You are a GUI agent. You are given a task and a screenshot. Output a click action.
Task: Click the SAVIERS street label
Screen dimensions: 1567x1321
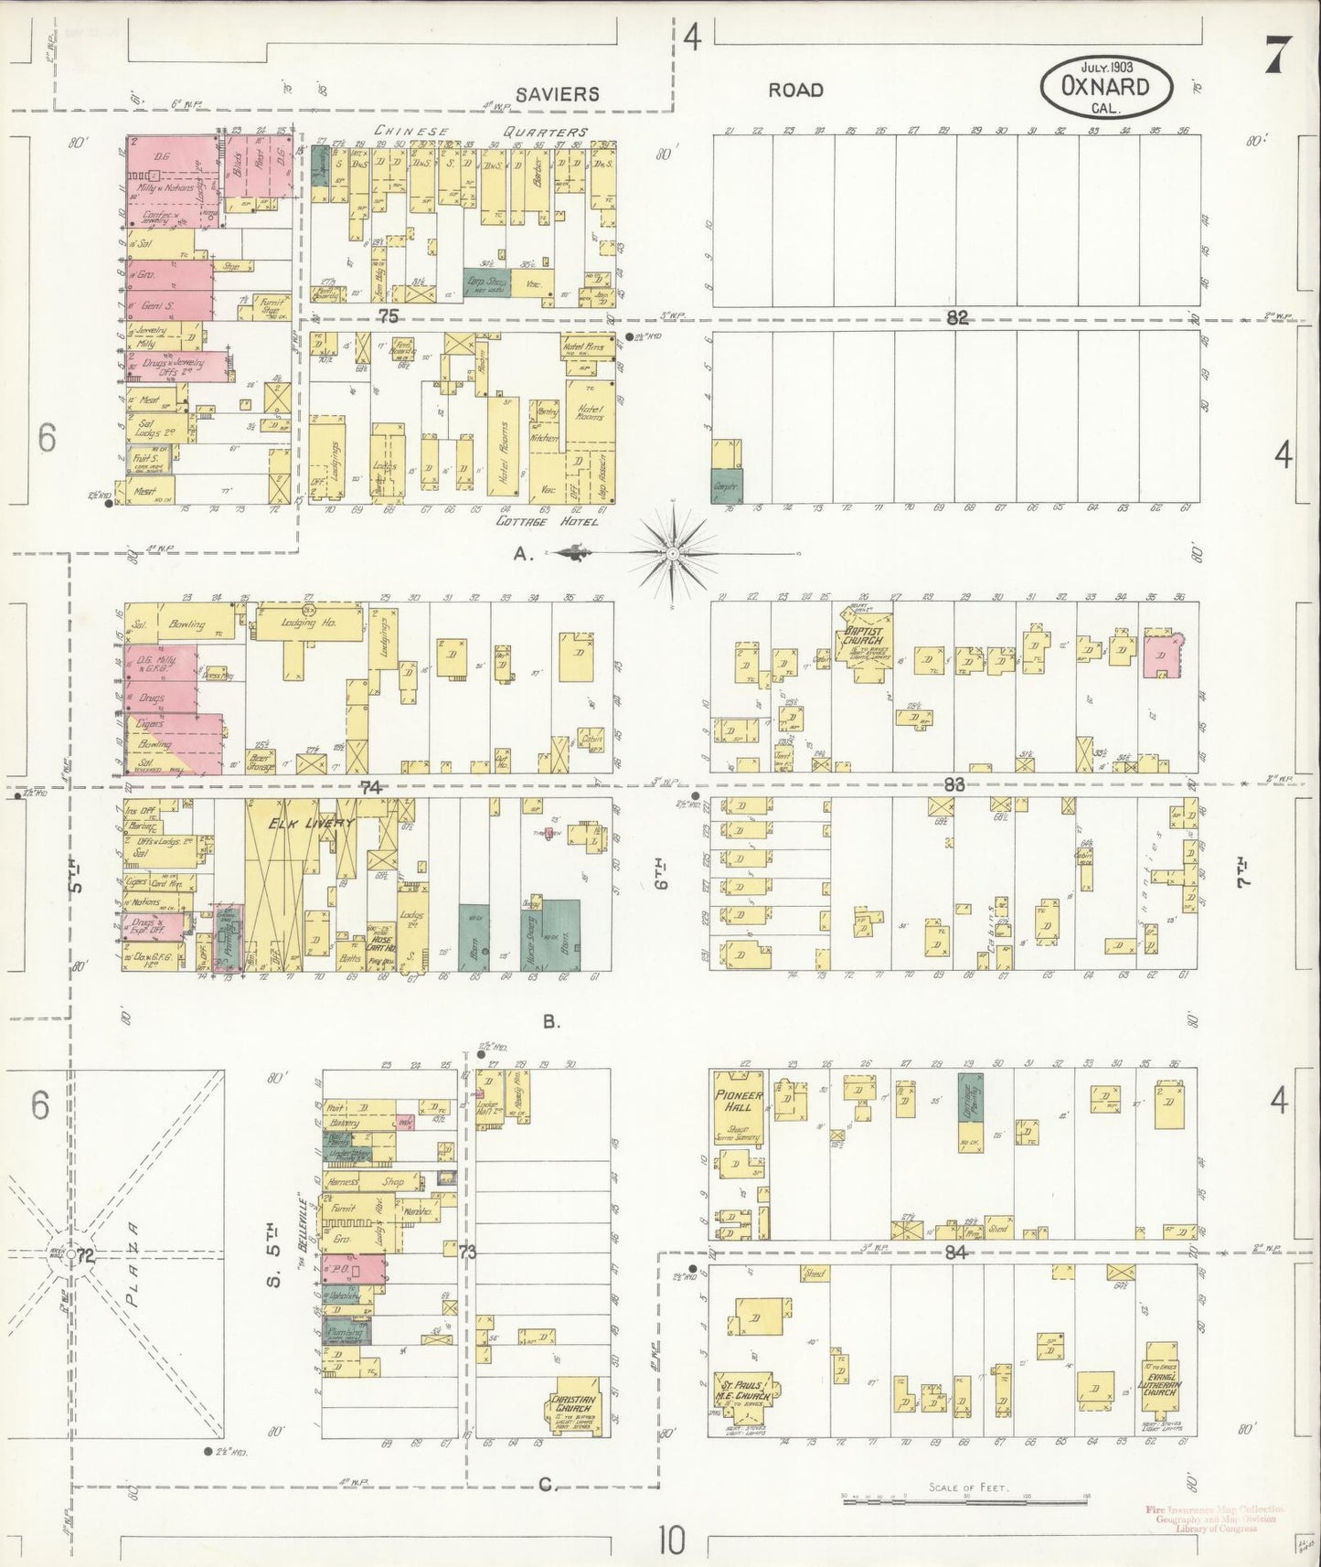(556, 93)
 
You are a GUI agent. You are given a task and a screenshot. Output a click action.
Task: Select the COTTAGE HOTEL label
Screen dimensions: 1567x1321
(547, 522)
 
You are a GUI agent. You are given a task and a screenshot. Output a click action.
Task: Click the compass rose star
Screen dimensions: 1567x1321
(672, 553)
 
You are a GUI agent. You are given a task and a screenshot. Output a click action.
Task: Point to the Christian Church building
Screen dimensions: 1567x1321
(573, 1409)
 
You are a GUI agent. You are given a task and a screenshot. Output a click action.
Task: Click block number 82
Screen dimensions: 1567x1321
(956, 317)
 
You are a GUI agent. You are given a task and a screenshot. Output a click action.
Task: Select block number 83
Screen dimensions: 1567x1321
(954, 784)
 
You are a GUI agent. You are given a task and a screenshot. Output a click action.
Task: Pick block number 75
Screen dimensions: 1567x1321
(389, 316)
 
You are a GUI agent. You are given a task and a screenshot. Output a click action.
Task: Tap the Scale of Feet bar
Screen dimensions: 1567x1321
(964, 1498)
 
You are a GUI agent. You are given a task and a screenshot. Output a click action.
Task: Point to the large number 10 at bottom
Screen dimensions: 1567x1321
(671, 1540)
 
